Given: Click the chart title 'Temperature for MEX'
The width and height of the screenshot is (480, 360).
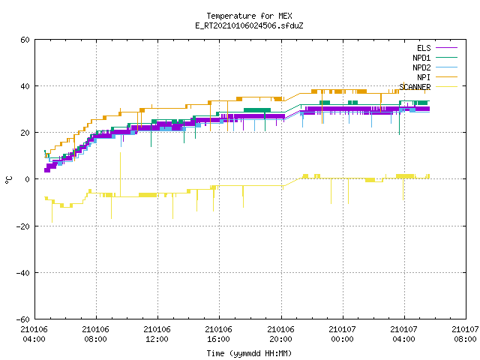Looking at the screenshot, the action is pyautogui.click(x=249, y=16).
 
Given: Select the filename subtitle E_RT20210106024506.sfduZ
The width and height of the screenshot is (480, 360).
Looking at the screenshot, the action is pyautogui.click(x=249, y=25).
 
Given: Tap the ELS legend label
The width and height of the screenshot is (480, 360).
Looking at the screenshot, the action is pyautogui.click(x=424, y=48).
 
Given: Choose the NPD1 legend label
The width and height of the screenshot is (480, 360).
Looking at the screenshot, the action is pyautogui.click(x=421, y=58).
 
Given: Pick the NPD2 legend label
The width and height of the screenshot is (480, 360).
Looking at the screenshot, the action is pyautogui.click(x=421, y=67).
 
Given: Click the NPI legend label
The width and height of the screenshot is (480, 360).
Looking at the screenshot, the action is pyautogui.click(x=424, y=77).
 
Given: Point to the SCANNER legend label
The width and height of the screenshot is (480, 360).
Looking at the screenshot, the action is pyautogui.click(x=415, y=87).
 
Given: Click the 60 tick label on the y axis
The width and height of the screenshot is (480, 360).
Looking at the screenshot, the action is pyautogui.click(x=25, y=40).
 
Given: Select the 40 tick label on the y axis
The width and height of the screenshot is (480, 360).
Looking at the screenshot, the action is pyautogui.click(x=25, y=86).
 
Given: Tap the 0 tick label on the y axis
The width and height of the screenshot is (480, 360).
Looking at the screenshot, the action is pyautogui.click(x=27, y=179).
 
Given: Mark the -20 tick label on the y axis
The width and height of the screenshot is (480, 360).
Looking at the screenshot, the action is pyautogui.click(x=23, y=226).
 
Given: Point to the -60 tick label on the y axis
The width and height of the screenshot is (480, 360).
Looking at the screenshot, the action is pyautogui.click(x=23, y=319).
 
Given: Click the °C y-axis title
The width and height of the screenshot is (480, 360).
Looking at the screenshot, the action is pyautogui.click(x=8, y=180).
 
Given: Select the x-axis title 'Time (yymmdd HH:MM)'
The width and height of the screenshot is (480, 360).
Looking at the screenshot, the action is pyautogui.click(x=249, y=353).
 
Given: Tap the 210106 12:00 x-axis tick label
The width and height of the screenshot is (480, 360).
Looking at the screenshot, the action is pyautogui.click(x=157, y=334).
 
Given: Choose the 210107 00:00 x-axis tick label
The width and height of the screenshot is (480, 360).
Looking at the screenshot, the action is pyautogui.click(x=342, y=334).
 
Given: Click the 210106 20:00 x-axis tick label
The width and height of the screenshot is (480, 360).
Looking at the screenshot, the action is pyautogui.click(x=280, y=334).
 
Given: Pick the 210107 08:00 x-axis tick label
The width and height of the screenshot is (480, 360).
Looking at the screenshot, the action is pyautogui.click(x=465, y=334).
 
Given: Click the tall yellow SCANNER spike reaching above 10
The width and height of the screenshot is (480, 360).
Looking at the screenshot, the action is pyautogui.click(x=120, y=175).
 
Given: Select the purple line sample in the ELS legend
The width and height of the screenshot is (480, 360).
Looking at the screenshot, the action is pyautogui.click(x=447, y=48).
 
